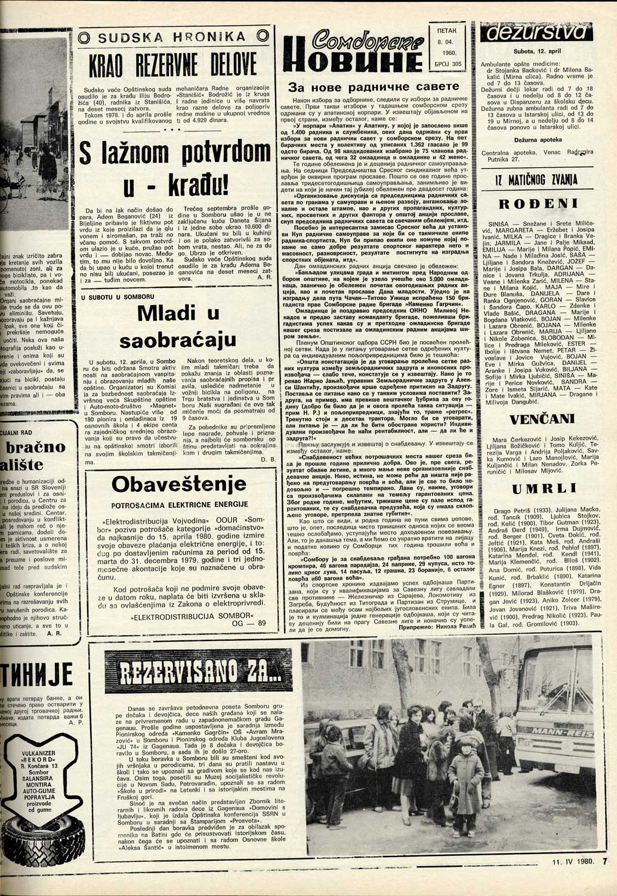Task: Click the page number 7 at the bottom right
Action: [604, 878]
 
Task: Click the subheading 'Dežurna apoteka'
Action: [538, 139]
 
